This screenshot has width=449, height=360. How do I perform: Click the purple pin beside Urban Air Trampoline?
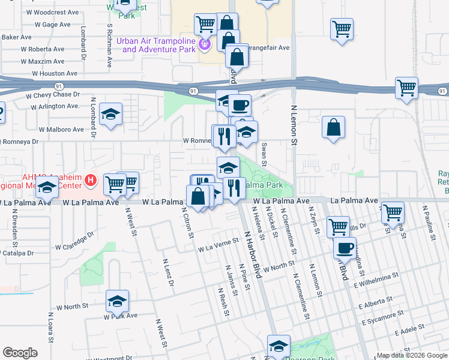(x=205, y=43)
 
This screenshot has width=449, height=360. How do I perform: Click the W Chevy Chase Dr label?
(x=53, y=95)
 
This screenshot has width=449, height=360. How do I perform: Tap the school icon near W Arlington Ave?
(x=110, y=114)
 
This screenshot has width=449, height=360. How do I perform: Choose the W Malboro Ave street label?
(x=61, y=129)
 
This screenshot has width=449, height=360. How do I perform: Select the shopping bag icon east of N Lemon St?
(x=333, y=127)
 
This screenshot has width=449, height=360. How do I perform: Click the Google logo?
(x=20, y=353)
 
